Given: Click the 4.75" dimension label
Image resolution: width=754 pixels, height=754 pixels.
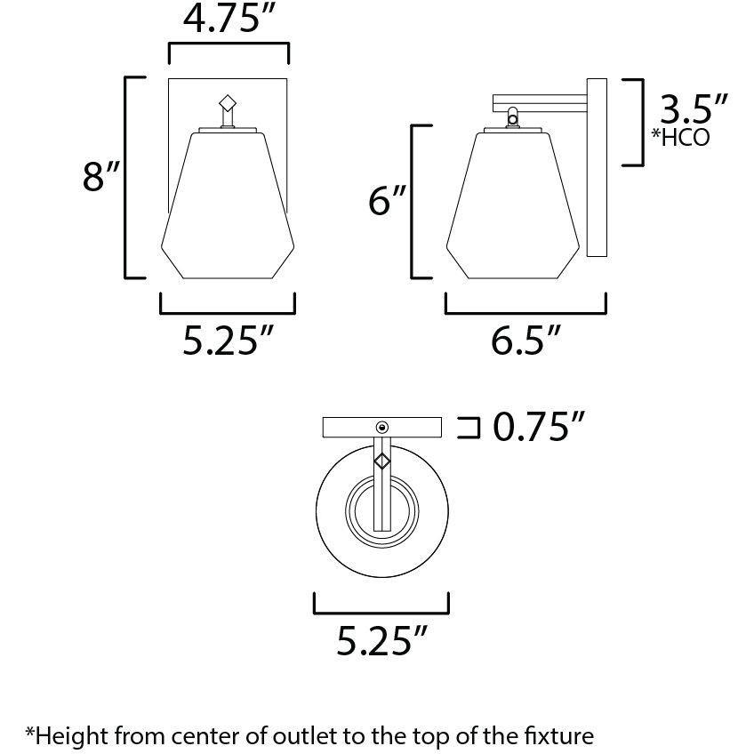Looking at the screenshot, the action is click(x=229, y=20).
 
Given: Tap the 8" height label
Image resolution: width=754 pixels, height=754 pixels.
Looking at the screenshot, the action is click(x=100, y=176).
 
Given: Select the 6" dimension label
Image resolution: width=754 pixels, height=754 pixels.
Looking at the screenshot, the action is click(x=387, y=201).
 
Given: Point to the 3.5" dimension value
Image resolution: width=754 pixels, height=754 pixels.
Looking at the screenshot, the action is click(x=693, y=109).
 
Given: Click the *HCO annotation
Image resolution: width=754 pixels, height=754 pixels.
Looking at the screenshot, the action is click(x=680, y=138).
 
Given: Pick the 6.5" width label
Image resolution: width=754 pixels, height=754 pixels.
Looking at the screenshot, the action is click(x=525, y=341).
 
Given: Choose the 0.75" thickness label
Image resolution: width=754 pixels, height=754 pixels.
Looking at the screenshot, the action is click(x=539, y=427).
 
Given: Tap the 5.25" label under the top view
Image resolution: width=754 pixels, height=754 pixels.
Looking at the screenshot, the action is click(x=381, y=640).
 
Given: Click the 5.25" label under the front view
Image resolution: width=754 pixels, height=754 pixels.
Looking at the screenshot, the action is click(x=228, y=341).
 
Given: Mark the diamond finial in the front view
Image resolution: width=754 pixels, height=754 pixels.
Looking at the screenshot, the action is click(x=228, y=103).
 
